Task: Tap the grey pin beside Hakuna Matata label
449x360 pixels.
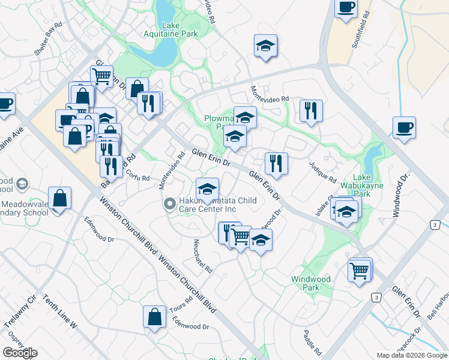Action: [x=170, y=205]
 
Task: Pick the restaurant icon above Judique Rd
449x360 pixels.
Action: [x=310, y=110]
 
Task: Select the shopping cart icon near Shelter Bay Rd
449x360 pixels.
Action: [x=101, y=76]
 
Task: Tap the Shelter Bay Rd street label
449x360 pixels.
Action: [x=49, y=40]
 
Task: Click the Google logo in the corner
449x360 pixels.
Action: [x=20, y=353]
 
